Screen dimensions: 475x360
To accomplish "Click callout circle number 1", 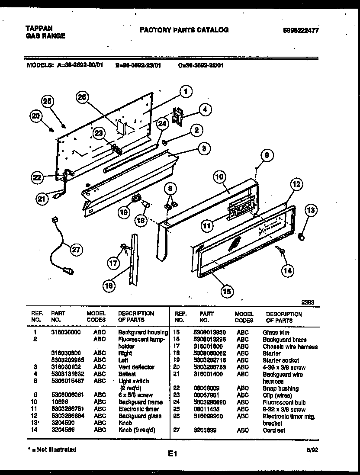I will [185, 92].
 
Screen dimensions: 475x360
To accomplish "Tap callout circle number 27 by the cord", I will [76, 249].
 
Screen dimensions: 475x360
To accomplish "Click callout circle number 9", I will [267, 155].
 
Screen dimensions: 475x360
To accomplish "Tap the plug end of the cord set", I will [68, 272].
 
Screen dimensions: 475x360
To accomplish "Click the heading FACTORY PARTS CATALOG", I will [184, 30].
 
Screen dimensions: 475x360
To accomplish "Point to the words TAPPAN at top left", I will [36, 28].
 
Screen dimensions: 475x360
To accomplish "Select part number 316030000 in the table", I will [66, 332].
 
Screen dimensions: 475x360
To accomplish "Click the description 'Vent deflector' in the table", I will [136, 367].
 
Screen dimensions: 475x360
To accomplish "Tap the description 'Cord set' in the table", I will [274, 430].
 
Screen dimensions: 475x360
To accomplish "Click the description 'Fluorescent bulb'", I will [284, 402].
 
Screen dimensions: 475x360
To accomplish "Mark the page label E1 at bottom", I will [173, 454].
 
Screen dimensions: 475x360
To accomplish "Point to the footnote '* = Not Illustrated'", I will [51, 449].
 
